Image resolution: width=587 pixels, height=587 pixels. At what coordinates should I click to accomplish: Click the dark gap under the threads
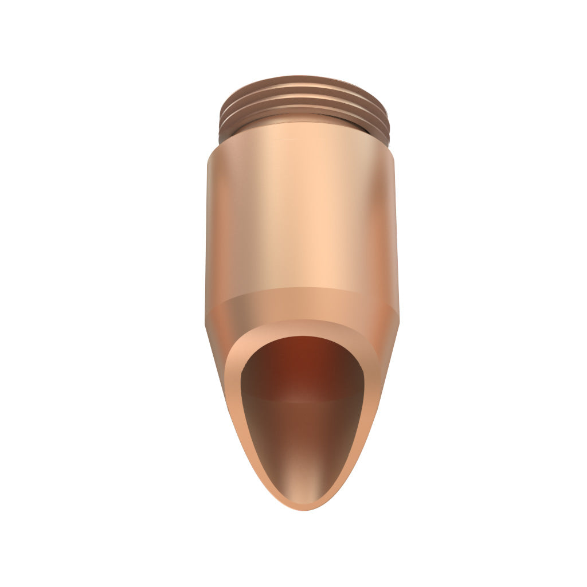tap(229, 138)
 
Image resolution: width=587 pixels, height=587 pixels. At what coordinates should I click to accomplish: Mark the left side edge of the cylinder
tap(207, 229)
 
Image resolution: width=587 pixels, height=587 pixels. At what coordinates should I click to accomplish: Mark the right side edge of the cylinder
tap(396, 229)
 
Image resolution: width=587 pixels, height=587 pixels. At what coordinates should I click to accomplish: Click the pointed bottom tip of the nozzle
tap(304, 508)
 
